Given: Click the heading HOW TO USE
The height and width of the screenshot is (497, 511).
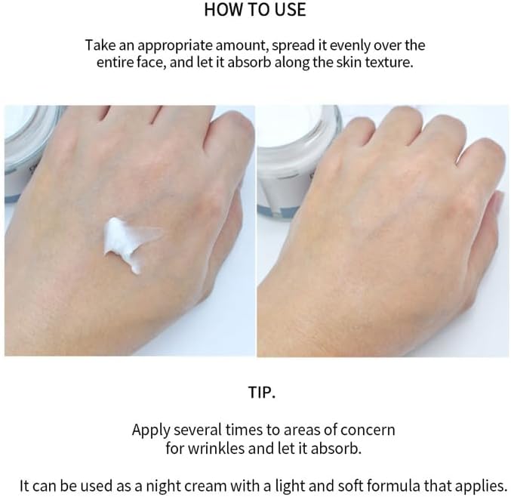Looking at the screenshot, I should click(x=255, y=11).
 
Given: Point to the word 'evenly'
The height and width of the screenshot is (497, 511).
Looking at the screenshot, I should click(x=340, y=46).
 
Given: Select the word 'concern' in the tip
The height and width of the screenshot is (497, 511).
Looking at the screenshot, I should click(x=369, y=430).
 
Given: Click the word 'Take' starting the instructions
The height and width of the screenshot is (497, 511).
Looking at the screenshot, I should click(x=100, y=46).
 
